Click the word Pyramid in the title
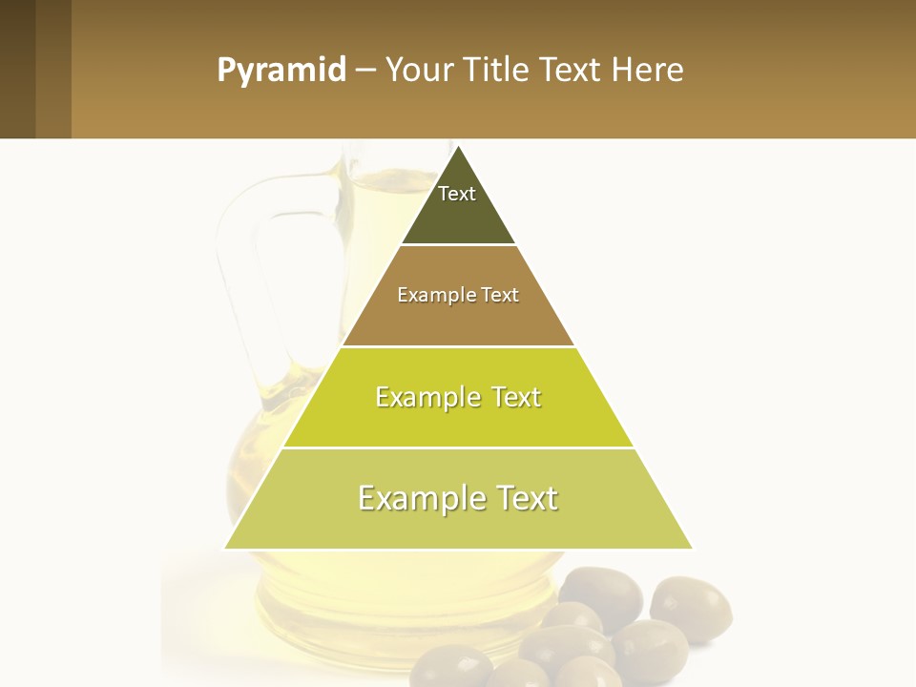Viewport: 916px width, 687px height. click(x=281, y=71)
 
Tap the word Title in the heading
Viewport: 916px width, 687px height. click(x=498, y=71)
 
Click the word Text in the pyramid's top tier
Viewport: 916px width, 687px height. click(x=457, y=194)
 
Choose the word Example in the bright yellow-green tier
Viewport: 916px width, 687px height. click(x=427, y=397)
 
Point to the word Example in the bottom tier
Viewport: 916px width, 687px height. click(x=420, y=498)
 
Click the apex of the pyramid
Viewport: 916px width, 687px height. click(x=458, y=148)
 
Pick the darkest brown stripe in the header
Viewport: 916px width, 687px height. click(x=17, y=70)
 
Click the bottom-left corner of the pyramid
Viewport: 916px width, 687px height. click(x=226, y=548)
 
